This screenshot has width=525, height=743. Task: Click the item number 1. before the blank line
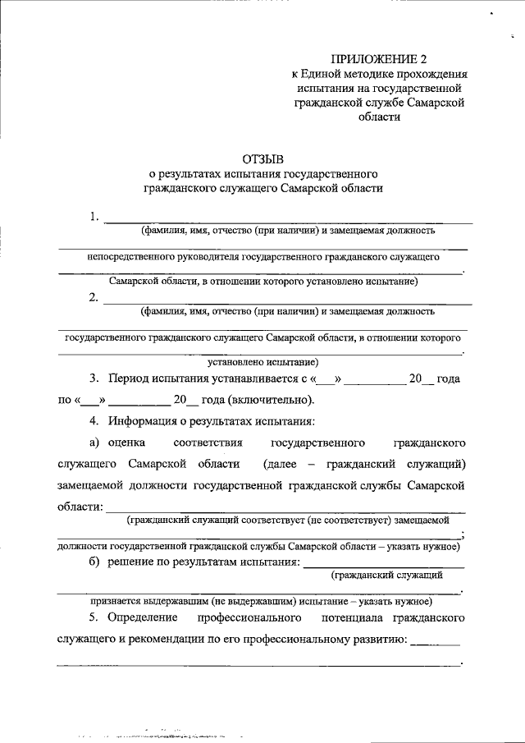(95, 218)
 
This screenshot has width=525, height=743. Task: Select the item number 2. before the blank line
(95, 298)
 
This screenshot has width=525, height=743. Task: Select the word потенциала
(345, 616)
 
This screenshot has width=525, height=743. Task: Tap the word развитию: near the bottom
(374, 637)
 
